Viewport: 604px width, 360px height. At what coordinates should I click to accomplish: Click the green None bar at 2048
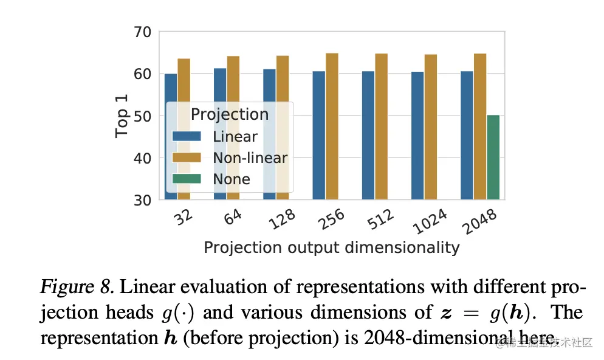coord(493,157)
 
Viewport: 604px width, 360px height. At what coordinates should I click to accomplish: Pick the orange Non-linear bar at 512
coord(382,126)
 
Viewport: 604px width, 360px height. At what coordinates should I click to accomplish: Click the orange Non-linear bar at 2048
coord(480,126)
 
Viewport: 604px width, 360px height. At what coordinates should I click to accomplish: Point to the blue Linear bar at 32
coord(171,136)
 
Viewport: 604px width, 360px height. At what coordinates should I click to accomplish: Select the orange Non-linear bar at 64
coord(233,128)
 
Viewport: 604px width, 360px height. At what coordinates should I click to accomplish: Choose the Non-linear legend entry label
coord(250,158)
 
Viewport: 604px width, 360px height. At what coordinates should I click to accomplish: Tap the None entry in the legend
coord(232,179)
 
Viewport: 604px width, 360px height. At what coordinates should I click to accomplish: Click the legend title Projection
coord(229,114)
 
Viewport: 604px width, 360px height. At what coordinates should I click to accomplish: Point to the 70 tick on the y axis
coord(144,32)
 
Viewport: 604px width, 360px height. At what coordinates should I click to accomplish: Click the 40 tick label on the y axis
coord(144,158)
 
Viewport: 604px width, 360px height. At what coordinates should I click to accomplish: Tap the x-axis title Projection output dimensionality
coord(331,247)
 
